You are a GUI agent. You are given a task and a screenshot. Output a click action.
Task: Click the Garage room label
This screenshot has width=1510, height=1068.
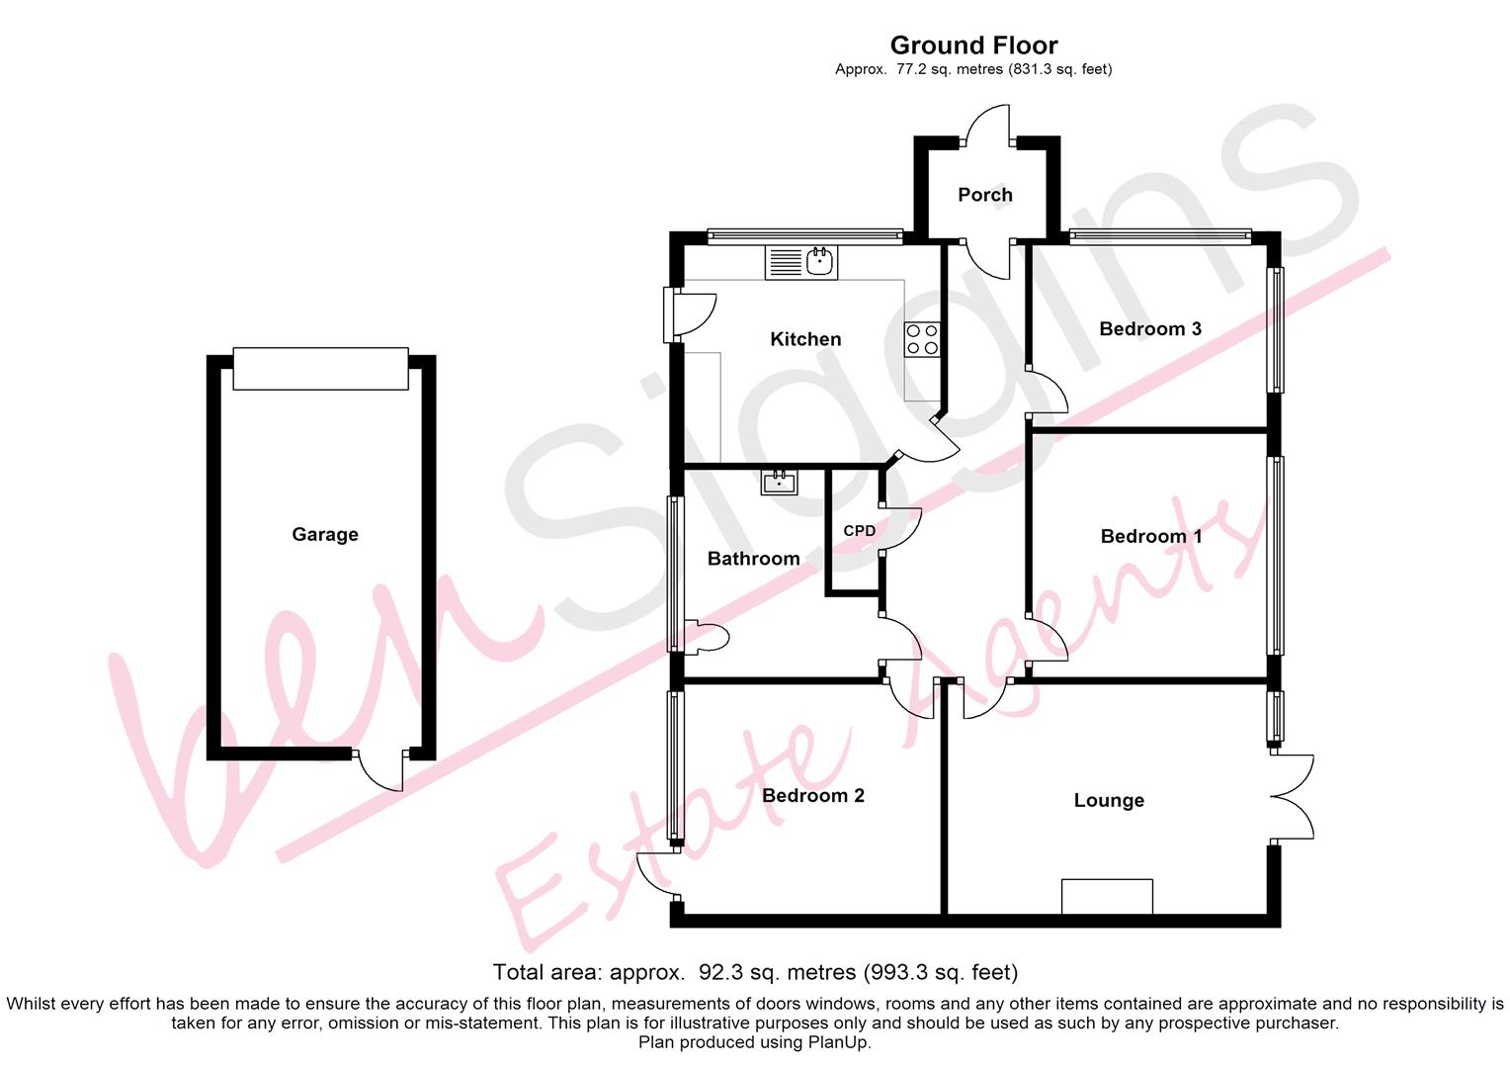point(325,534)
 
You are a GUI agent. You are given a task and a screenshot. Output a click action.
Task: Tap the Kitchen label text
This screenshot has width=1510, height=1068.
point(805,338)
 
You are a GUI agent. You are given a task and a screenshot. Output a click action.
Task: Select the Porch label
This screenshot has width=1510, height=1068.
point(985,195)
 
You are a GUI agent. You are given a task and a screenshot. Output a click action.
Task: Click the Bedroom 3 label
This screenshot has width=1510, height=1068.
point(1150,328)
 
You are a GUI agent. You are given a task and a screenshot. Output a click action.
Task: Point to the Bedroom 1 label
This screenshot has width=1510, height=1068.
point(1150,536)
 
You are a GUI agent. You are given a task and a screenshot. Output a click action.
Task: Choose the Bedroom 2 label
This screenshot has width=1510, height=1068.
point(813,795)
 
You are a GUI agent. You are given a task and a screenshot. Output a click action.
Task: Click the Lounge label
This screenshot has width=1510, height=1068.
point(1109,800)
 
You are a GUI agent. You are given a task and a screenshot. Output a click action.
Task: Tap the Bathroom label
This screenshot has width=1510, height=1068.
point(754,559)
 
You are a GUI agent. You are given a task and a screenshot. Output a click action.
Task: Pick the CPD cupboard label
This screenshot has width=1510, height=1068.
point(860,531)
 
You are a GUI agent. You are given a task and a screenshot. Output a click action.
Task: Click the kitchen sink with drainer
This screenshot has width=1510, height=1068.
point(801,262)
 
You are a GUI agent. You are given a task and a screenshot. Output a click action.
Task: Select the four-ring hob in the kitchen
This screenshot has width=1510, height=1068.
point(922,339)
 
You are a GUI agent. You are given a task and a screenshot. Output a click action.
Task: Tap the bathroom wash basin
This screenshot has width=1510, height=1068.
point(780,482)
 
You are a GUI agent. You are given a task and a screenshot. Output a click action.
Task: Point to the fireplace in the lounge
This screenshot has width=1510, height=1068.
point(1107,897)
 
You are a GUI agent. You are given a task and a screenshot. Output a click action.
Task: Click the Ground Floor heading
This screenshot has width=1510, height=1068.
point(974,45)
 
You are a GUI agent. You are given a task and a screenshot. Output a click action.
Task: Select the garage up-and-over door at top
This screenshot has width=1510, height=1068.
point(321,369)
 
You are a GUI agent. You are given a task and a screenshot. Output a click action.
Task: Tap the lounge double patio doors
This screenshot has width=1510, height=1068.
point(1293,797)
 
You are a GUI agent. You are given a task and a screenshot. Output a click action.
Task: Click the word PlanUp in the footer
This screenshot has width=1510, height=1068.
point(842,1043)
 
